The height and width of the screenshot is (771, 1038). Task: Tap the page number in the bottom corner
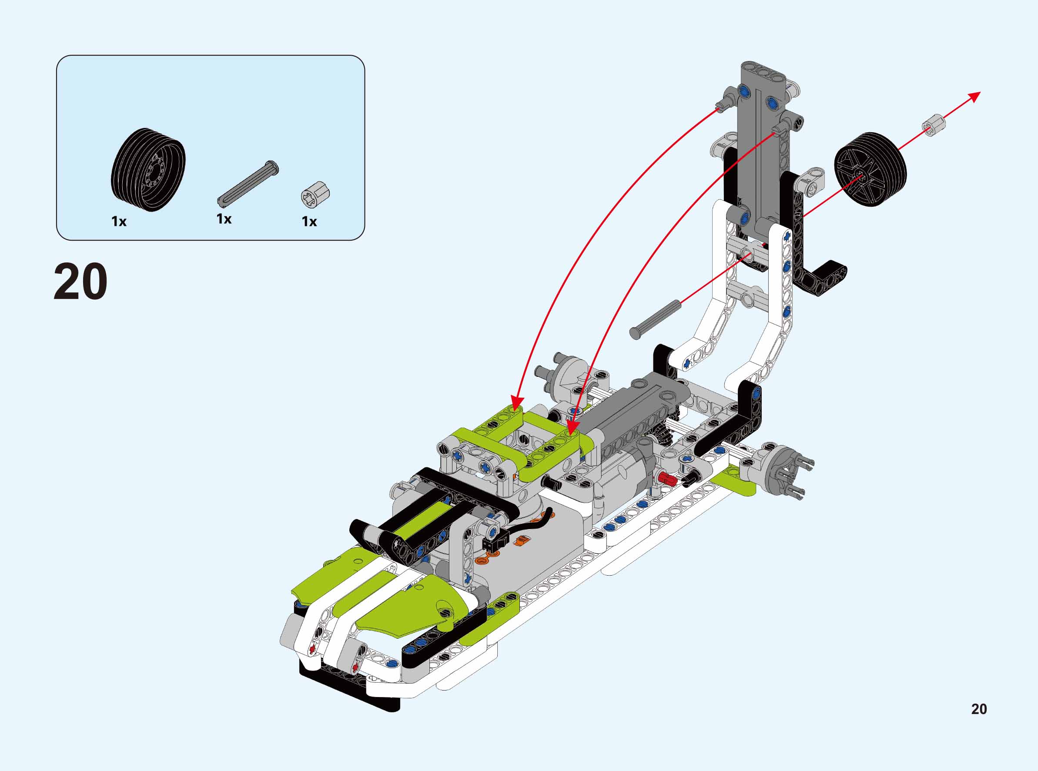coord(979,709)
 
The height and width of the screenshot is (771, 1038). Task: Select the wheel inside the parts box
coord(148,169)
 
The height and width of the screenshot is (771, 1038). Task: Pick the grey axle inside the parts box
coord(248,182)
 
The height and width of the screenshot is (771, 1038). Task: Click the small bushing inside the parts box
coord(315,194)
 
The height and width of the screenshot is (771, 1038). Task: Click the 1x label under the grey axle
coord(224,218)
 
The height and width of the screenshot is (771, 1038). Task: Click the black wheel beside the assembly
coord(871,169)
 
